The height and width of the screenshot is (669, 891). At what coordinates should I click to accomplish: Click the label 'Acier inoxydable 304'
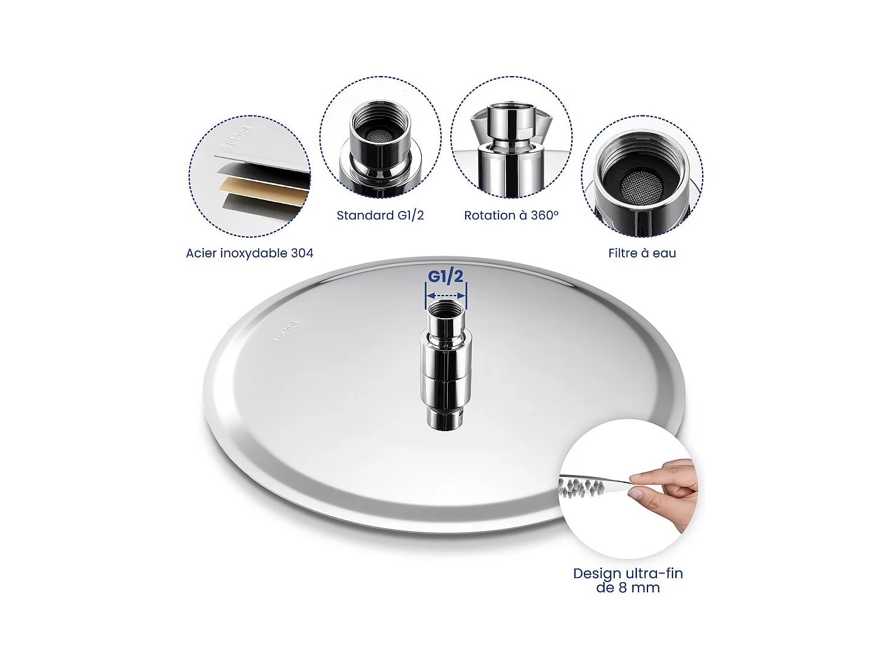tap(249, 253)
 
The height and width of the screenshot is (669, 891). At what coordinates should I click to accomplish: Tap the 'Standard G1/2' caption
tap(380, 215)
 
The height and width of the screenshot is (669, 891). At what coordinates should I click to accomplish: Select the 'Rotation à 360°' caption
tap(511, 215)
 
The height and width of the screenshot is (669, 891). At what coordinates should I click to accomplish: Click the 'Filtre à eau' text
tap(642, 253)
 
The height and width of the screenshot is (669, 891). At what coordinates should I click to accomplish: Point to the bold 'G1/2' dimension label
tap(445, 277)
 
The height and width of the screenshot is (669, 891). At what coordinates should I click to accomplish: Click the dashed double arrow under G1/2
tap(446, 296)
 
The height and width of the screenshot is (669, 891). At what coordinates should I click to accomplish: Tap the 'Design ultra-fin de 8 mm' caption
tap(628, 580)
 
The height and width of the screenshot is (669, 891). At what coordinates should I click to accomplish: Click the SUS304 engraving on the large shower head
tap(286, 331)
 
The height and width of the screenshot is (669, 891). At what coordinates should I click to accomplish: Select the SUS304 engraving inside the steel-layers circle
tap(237, 137)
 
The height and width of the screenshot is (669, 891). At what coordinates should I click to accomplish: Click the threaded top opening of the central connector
tap(445, 310)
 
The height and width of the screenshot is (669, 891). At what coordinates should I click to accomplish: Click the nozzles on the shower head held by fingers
tap(582, 488)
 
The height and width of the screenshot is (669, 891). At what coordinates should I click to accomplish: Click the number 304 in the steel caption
tap(302, 253)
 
